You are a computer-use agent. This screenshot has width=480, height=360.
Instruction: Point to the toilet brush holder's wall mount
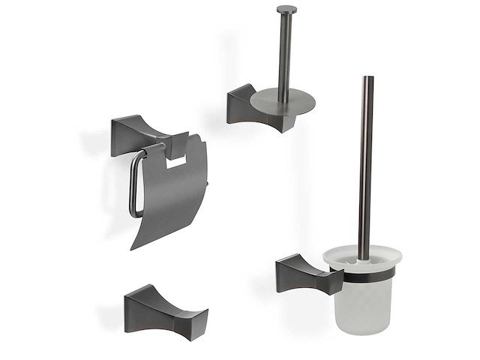[303, 273]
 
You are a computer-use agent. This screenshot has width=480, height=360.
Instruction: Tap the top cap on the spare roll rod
[286, 10]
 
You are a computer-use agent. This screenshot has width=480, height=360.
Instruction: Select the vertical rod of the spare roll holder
[285, 52]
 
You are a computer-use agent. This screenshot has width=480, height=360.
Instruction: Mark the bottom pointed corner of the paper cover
[133, 247]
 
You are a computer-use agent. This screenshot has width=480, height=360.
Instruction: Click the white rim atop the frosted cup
[362, 257]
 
